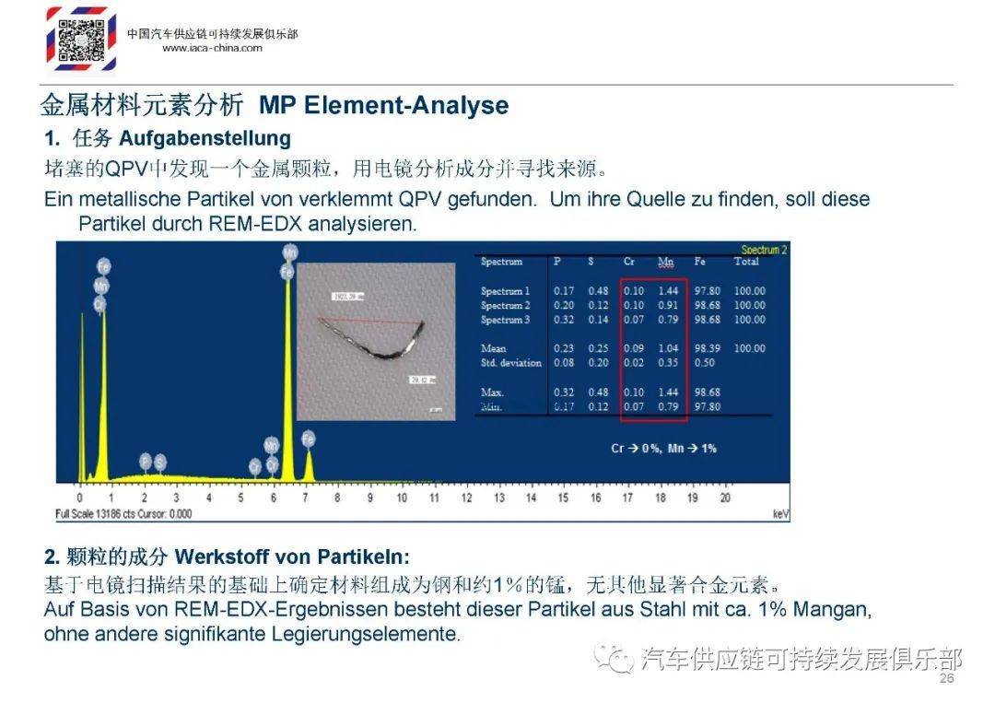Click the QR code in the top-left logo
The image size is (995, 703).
tap(81, 38)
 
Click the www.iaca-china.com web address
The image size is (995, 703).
tap(212, 49)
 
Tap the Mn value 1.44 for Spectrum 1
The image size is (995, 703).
tap(667, 291)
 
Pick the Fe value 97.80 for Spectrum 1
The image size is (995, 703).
tap(708, 291)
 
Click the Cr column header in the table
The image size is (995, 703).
tap(628, 262)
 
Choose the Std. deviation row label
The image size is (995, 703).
tap(511, 363)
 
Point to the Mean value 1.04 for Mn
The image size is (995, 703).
tap(667, 348)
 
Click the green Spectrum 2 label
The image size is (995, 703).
tap(764, 250)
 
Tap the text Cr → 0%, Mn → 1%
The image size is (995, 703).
tap(663, 449)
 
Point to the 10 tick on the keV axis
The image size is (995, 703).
tap(403, 498)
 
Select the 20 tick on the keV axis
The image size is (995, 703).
tap(725, 498)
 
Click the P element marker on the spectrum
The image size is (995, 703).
tap(145, 461)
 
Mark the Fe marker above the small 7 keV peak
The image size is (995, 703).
tap(309, 438)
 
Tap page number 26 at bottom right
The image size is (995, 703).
tap(946, 679)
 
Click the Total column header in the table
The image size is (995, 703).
tap(745, 262)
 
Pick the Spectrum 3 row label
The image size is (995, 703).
tap(505, 320)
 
